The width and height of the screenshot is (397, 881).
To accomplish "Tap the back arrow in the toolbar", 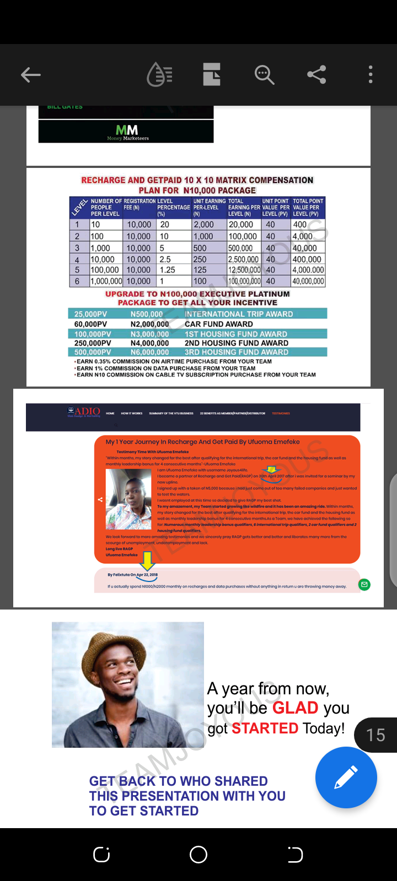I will [x=31, y=75].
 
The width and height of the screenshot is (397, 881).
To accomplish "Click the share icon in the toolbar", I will [x=316, y=74].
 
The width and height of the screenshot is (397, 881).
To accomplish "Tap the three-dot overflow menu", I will [x=371, y=74].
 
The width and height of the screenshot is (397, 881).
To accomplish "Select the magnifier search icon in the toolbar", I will [x=264, y=74].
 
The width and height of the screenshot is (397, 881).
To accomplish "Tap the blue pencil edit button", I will [x=346, y=777].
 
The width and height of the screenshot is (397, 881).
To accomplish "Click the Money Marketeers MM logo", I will [x=127, y=132].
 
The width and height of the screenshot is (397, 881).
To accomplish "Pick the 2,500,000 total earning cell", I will [x=243, y=259].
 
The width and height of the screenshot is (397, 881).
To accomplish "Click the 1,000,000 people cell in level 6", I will [x=106, y=281].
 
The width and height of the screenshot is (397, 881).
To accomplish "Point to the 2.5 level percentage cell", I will [x=165, y=259].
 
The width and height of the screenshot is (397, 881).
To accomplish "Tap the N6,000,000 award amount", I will [x=149, y=352].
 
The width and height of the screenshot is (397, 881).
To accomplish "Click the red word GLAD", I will [x=295, y=708].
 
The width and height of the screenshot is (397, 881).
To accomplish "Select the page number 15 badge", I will [x=375, y=735].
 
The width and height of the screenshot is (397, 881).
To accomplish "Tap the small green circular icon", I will [x=364, y=584].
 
